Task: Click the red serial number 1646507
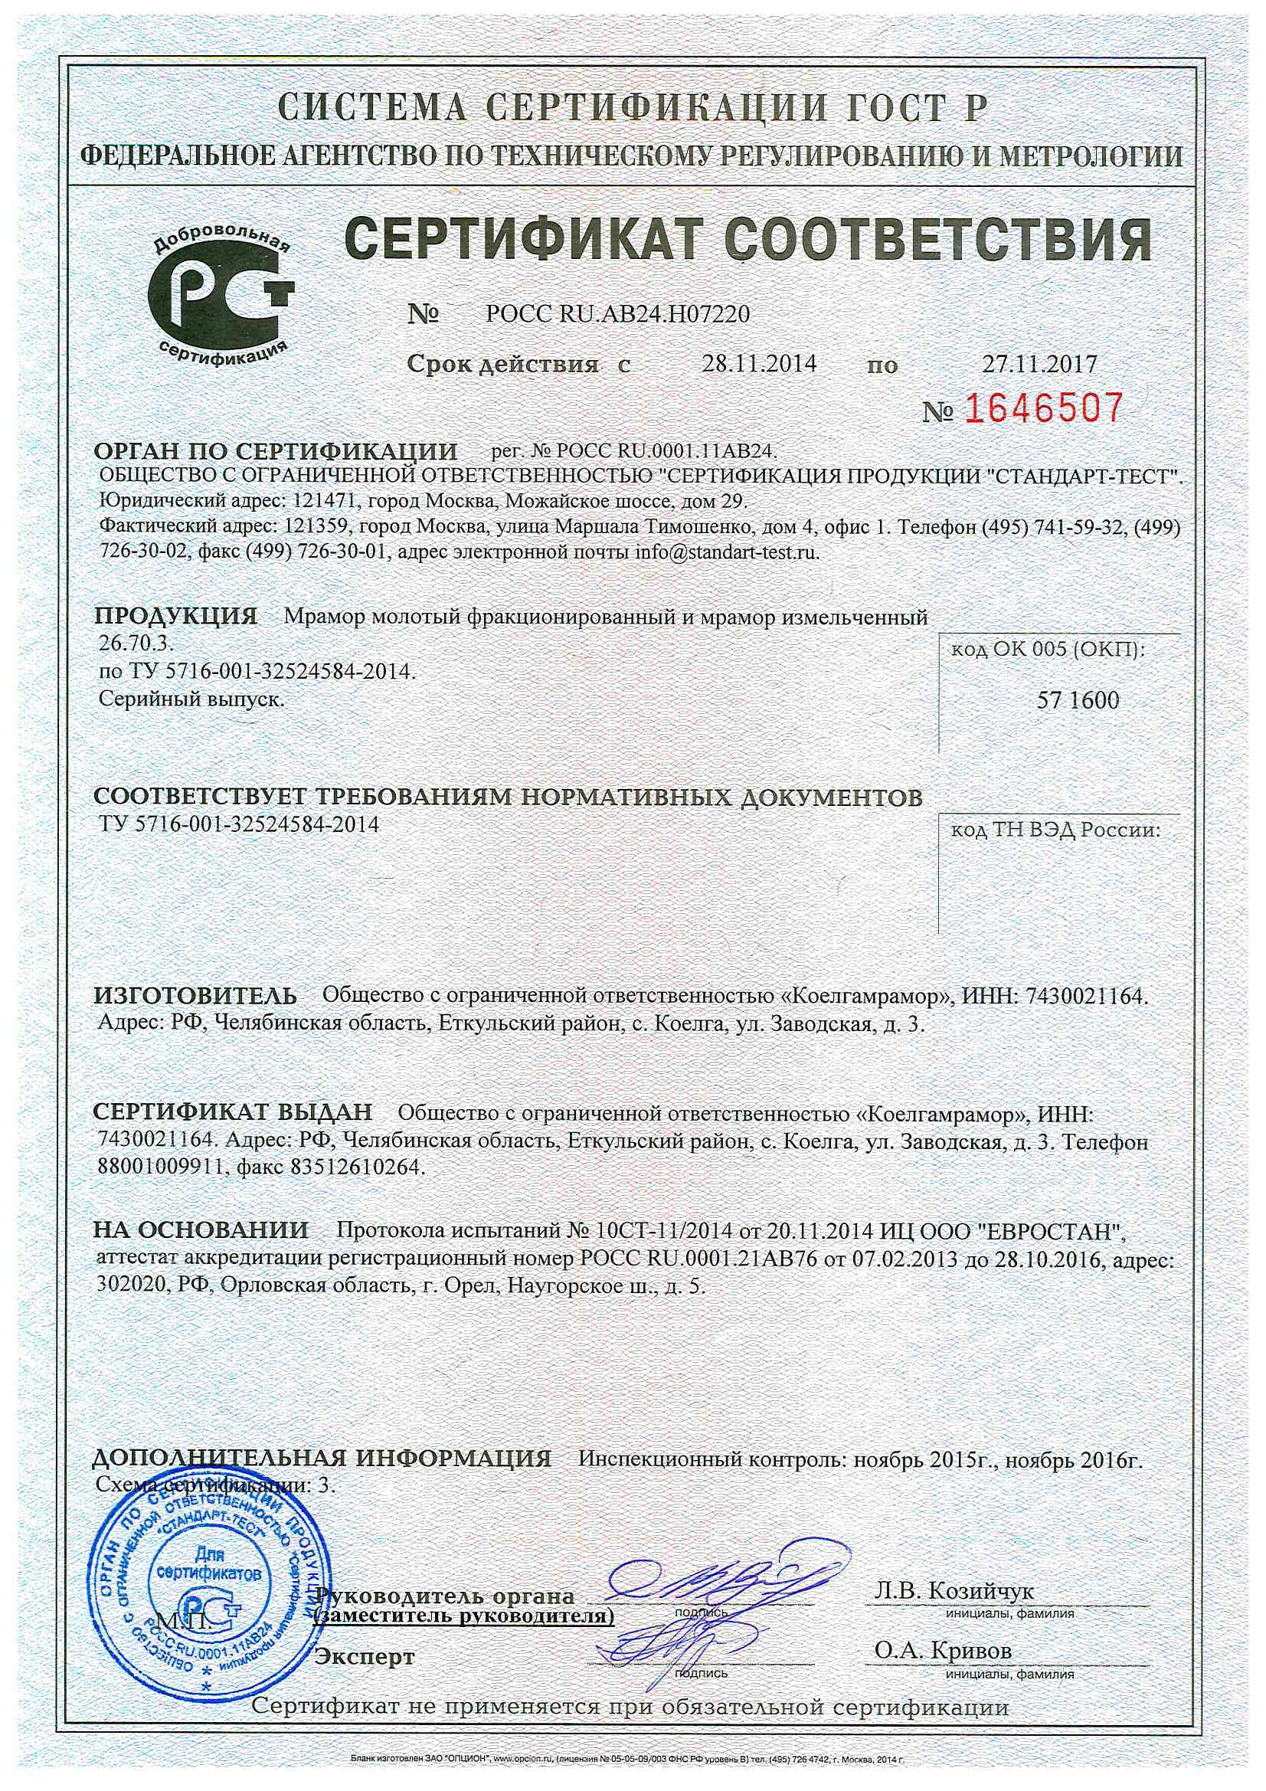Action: click(x=1046, y=409)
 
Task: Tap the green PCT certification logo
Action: click(x=221, y=294)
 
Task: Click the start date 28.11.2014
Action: click(x=759, y=363)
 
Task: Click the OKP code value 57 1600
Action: click(x=1078, y=699)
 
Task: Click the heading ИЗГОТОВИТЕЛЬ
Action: click(x=196, y=996)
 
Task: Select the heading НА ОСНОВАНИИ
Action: click(x=201, y=1230)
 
